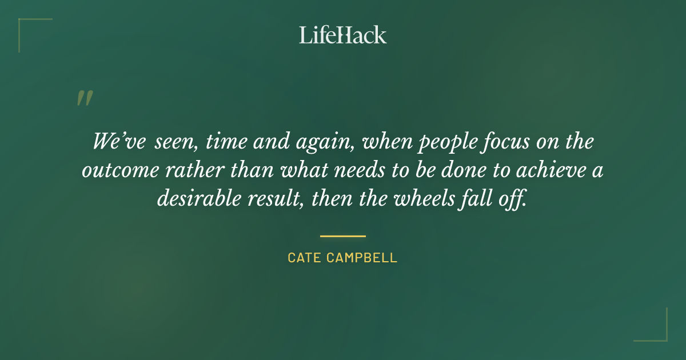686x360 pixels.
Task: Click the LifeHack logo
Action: point(343,35)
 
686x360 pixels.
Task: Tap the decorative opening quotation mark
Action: point(84,99)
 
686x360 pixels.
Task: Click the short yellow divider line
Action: point(342,235)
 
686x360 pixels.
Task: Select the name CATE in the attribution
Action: point(305,258)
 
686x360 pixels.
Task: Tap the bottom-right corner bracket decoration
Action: point(657,331)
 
